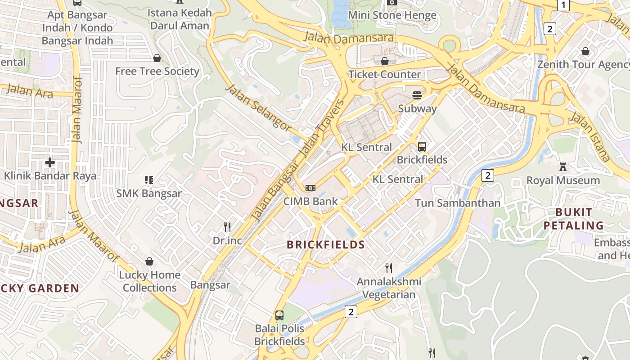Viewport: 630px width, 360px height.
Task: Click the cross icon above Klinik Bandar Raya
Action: tap(50, 162)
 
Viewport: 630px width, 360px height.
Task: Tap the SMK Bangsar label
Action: tap(149, 193)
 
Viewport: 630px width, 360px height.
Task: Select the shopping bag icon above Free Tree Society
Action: tap(157, 58)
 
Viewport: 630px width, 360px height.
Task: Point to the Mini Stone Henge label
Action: tap(392, 15)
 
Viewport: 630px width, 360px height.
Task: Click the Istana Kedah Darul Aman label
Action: tap(180, 19)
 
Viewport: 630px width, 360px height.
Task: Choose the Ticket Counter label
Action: tap(385, 74)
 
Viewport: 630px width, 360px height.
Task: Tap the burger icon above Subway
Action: tap(417, 95)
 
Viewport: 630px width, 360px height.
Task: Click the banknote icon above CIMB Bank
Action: tap(310, 188)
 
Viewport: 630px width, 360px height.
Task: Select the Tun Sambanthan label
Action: tap(457, 203)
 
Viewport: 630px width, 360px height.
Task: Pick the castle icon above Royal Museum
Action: tap(562, 167)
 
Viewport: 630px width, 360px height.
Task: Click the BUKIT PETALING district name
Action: tap(573, 219)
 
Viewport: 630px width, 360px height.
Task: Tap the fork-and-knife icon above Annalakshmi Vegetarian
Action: tap(389, 268)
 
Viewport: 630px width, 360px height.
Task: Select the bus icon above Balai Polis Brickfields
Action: tap(279, 315)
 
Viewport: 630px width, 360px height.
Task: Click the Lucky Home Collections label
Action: tap(149, 281)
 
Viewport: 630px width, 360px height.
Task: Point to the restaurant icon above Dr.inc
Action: tap(227, 227)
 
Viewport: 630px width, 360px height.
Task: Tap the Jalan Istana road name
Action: tap(590, 137)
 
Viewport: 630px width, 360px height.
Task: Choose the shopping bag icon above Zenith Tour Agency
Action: tap(585, 52)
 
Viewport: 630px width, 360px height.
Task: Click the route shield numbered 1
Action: tap(563, 5)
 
